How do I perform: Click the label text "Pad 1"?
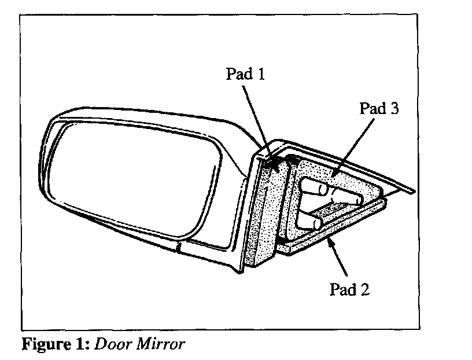coord(245,75)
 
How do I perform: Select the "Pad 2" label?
coord(349,289)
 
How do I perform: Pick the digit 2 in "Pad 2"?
coord(364,289)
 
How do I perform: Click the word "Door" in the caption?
coord(110,345)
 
